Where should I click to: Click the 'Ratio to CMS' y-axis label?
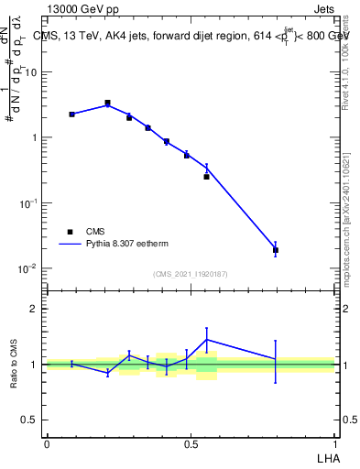coord(15,364)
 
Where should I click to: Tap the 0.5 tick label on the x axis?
coord(191,442)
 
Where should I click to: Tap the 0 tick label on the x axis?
coord(47,442)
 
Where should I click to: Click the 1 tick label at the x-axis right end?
coord(334,442)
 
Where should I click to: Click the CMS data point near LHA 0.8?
coord(276,250)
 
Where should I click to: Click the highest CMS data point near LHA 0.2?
coord(107,104)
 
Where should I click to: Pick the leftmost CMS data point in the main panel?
coord(71,115)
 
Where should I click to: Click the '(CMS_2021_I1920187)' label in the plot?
coord(191,274)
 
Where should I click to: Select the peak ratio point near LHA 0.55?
coord(207,339)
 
